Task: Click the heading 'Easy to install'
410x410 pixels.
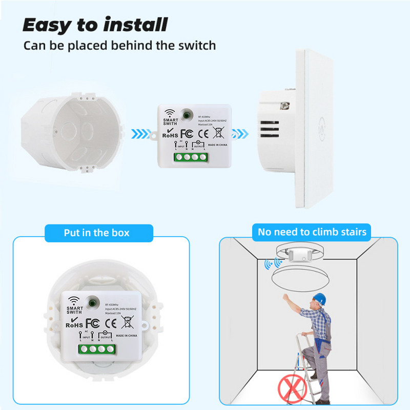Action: [95, 24]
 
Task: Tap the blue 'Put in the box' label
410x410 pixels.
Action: [97, 232]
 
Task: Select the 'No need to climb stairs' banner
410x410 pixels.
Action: [312, 232]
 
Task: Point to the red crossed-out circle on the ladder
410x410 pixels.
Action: [290, 386]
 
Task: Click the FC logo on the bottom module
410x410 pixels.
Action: [92, 323]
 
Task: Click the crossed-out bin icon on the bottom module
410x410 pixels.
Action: [128, 322]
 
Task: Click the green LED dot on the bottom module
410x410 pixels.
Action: [94, 302]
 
